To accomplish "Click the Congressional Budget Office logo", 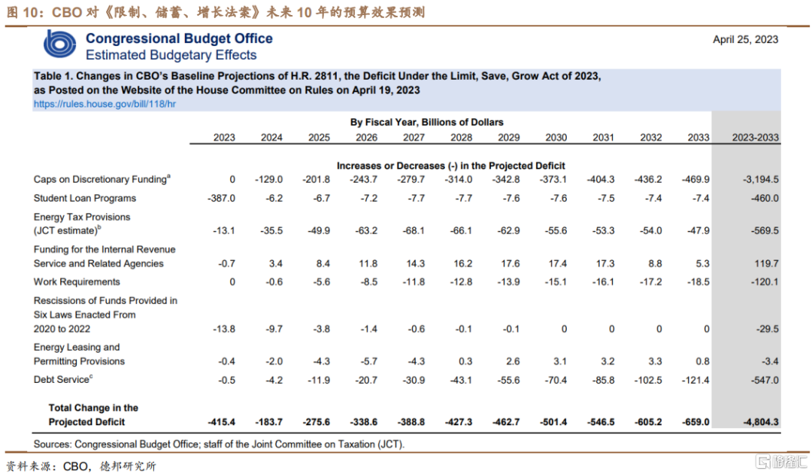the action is coord(59,44).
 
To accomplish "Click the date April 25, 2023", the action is coord(745,40).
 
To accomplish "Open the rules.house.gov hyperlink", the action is coord(105,104).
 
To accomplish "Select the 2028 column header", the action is coord(461,137).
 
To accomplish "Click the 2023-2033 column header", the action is coord(755,137).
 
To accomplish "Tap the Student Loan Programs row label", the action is coord(85,199).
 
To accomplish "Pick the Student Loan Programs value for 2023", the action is coord(221,199).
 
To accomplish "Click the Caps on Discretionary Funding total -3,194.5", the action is coord(761,180).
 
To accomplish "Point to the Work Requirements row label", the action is coord(77,282).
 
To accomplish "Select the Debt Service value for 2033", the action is coord(695,380).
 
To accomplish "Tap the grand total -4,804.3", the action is coord(761,422).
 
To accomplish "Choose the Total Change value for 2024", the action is coord(268,422).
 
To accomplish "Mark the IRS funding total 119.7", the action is coord(766,263).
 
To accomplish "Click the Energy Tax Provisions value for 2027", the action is coord(414,230).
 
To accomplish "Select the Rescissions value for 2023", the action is coord(224,329).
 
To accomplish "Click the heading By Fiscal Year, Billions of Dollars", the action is coord(427,122).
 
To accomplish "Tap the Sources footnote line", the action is coord(219,445).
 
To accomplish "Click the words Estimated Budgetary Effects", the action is coord(171,55).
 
